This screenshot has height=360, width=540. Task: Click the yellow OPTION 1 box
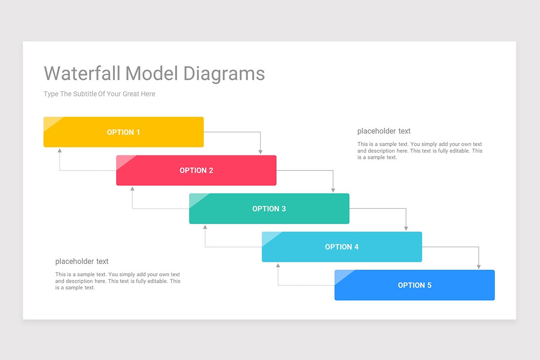123,132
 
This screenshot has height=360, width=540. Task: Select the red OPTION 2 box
196,170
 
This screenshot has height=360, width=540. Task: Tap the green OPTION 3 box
269,208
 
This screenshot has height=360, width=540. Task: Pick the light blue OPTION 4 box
342,247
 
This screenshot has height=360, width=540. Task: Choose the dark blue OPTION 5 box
414,285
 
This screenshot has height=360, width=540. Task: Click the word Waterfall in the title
82,73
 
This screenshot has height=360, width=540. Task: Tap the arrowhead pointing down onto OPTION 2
261,152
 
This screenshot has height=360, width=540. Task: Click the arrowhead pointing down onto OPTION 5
479,266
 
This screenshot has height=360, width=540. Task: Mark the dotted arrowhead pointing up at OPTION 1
59,151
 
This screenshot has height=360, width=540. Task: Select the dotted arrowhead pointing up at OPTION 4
278,265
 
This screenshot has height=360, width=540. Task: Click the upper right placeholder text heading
384,131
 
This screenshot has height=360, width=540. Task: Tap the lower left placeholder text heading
82,261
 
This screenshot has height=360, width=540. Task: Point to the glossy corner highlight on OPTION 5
342,275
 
